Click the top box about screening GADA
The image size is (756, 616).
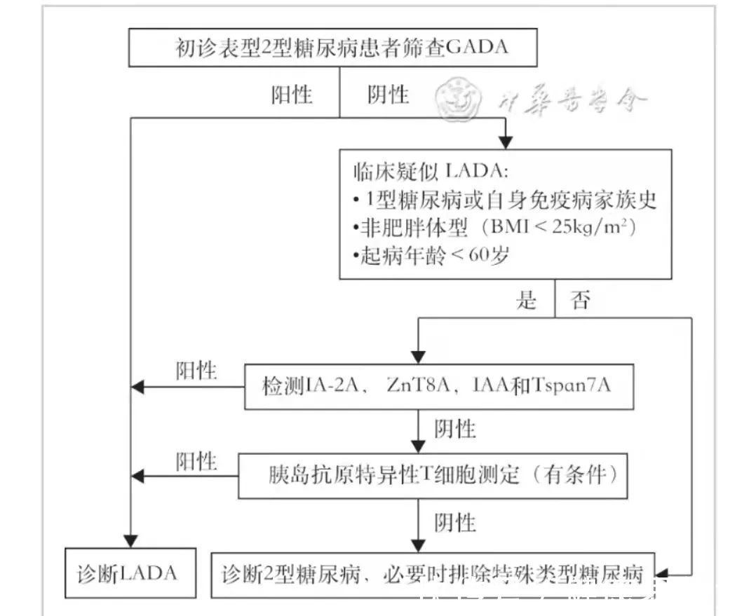pos(332,48)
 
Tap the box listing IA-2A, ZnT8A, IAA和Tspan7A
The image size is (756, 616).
pos(438,386)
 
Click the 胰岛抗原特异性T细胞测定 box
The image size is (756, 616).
pos(432,476)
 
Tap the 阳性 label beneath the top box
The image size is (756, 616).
pos(292,95)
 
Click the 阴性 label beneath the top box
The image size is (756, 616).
pos(388,95)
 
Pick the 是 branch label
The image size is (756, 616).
pos(527,301)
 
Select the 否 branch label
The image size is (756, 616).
pos(580,301)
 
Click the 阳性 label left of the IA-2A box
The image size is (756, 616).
pos(196,371)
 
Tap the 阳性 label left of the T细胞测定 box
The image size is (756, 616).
pos(196,461)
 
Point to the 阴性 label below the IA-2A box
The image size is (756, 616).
pos(455,429)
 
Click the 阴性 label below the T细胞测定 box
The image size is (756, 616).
pos(455,522)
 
